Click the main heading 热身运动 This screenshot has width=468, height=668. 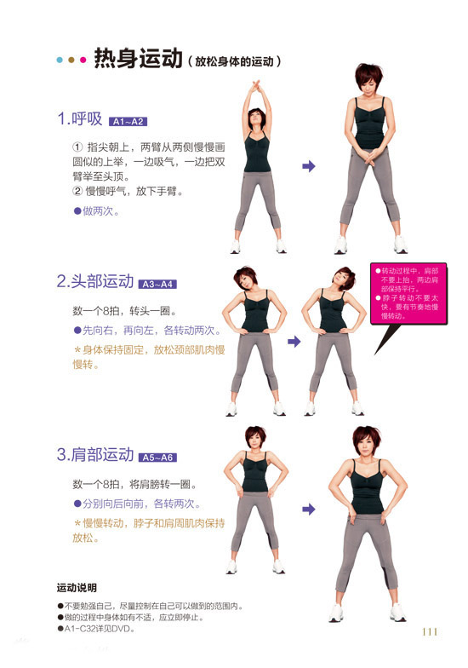click(x=138, y=58)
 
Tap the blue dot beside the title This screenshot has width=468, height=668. click(x=60, y=60)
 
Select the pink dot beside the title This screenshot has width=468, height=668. click(x=83, y=60)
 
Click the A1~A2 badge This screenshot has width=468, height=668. click(x=128, y=121)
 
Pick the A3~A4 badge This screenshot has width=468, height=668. click(x=157, y=285)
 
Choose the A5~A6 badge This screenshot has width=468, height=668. click(x=157, y=458)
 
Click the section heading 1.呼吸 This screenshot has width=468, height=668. click(x=80, y=118)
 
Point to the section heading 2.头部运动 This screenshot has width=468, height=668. click(x=95, y=281)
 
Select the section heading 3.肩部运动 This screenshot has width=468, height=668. click(x=95, y=455)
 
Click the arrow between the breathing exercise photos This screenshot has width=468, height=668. click(x=308, y=166)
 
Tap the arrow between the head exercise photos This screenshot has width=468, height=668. click(x=294, y=341)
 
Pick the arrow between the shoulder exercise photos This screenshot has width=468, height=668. click(x=308, y=510)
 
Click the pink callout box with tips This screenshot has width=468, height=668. click(x=408, y=293)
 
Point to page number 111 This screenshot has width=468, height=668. click(x=430, y=632)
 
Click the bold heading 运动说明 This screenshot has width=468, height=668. click(x=77, y=588)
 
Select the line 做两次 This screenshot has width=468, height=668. click(x=96, y=211)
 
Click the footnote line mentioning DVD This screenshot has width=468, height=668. click(x=96, y=629)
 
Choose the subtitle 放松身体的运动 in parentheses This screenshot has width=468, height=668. click(x=234, y=61)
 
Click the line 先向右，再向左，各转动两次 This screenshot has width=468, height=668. click(x=147, y=331)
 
